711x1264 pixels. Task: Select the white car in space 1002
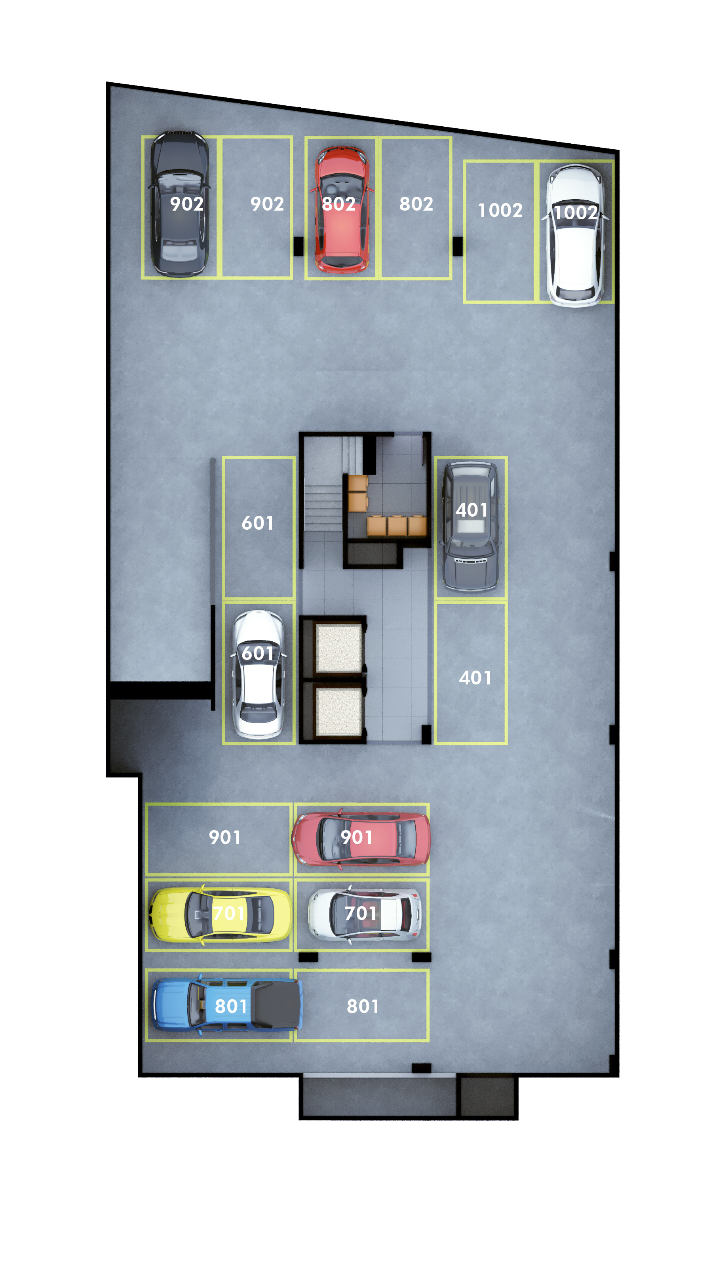coord(574,236)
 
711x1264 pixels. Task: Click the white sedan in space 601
coord(258,674)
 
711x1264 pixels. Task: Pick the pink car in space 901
coord(361,838)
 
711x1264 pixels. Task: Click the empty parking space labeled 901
coord(219,838)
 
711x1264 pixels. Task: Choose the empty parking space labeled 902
coord(257,207)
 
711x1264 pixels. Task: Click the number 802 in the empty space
coord(416,203)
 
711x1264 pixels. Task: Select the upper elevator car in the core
coord(338,648)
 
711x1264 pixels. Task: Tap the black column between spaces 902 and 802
coord(298,246)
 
